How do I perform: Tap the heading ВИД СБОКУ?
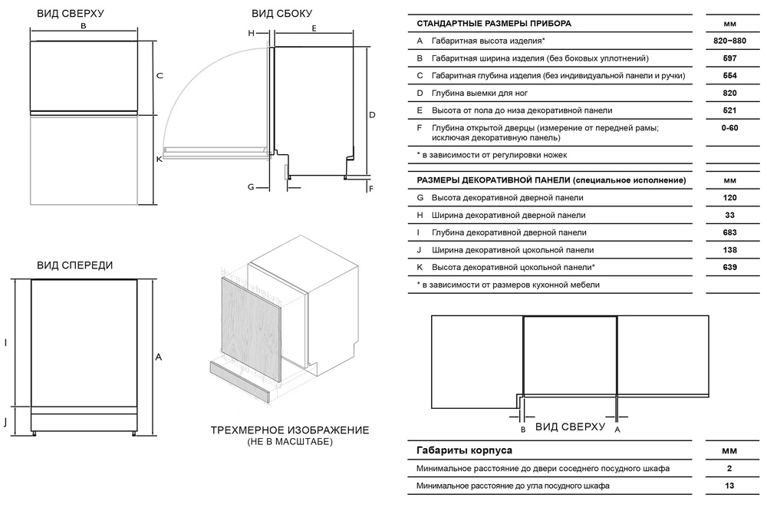coord(281,14)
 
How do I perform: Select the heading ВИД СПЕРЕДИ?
coord(75,265)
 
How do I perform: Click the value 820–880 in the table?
coord(729,40)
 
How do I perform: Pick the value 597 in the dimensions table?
coord(729,58)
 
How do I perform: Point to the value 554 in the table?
coord(729,75)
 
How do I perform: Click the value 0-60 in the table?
coord(729,127)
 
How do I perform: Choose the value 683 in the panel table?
coord(729,232)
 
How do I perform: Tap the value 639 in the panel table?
coord(729,267)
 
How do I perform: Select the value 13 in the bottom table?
coord(729,486)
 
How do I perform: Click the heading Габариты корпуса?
coord(464,450)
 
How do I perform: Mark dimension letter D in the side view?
coord(371,115)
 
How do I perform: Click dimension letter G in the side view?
coord(250,186)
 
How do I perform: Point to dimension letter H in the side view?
coord(250,34)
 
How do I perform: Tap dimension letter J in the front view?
coord(6,421)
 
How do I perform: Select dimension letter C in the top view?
coord(160,75)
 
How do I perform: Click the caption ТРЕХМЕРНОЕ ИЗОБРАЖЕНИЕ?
coord(289,430)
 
